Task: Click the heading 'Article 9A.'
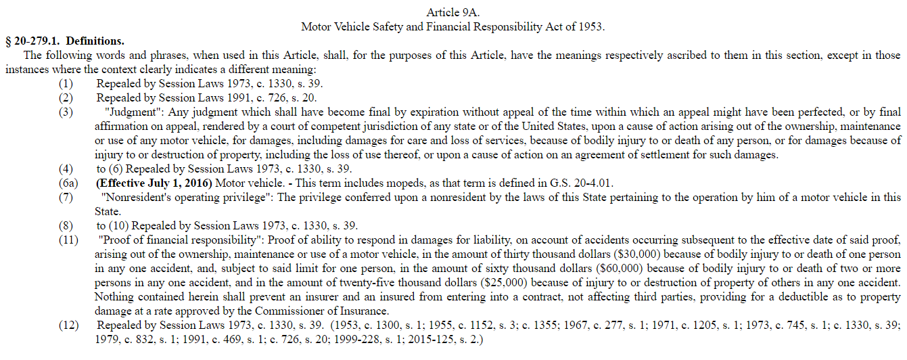pyautogui.click(x=453, y=13)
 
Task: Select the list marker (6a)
pyautogui.click(x=68, y=183)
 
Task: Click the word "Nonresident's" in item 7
pyautogui.click(x=133, y=197)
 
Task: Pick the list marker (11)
pyautogui.click(x=68, y=240)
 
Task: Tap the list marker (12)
pyautogui.click(x=68, y=325)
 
